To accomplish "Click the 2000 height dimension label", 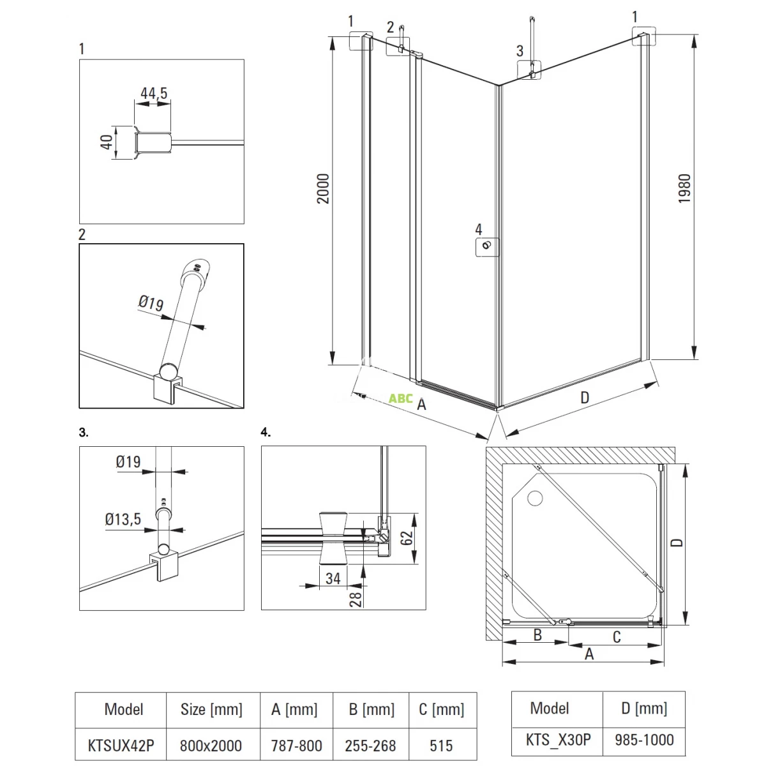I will (324, 188).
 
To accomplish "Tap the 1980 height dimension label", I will (684, 188).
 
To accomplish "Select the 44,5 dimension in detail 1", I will (154, 94).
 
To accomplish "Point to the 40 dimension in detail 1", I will (107, 141).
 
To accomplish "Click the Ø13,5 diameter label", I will (123, 520).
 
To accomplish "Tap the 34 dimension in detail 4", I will (333, 578).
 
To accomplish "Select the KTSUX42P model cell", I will (121, 745).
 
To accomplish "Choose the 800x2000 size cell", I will (211, 745).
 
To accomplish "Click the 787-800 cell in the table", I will (296, 745).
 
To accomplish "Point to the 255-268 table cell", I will (370, 745).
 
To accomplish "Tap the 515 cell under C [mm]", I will (441, 745).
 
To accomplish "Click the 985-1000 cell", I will (644, 739).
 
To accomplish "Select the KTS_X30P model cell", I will (559, 739).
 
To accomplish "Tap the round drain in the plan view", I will (534, 497).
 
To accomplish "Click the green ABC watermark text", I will (401, 398).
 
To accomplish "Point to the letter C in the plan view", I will (617, 636).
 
